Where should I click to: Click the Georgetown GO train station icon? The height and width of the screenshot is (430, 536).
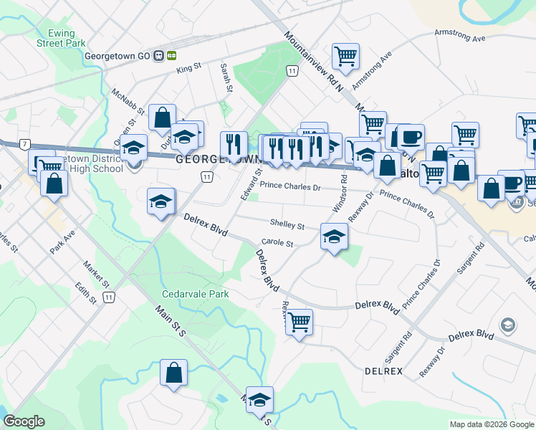tap(172, 55)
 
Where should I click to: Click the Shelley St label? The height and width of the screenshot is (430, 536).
tap(287, 225)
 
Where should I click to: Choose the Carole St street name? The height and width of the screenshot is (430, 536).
tap(278, 244)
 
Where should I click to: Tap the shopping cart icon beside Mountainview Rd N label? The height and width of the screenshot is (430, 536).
tap(345, 56)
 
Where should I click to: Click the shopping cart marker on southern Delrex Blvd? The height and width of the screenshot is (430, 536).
tap(298, 321)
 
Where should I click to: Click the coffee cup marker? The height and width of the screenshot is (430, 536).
tap(411, 136)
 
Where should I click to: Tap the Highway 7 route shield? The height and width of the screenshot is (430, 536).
tap(25, 145)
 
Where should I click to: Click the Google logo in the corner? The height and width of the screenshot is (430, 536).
tap(24, 421)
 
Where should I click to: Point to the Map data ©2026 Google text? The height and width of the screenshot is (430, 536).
tap(491, 424)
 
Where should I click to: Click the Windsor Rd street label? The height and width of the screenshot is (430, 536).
tap(339, 193)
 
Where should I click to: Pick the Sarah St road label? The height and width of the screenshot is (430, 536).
tap(226, 78)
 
